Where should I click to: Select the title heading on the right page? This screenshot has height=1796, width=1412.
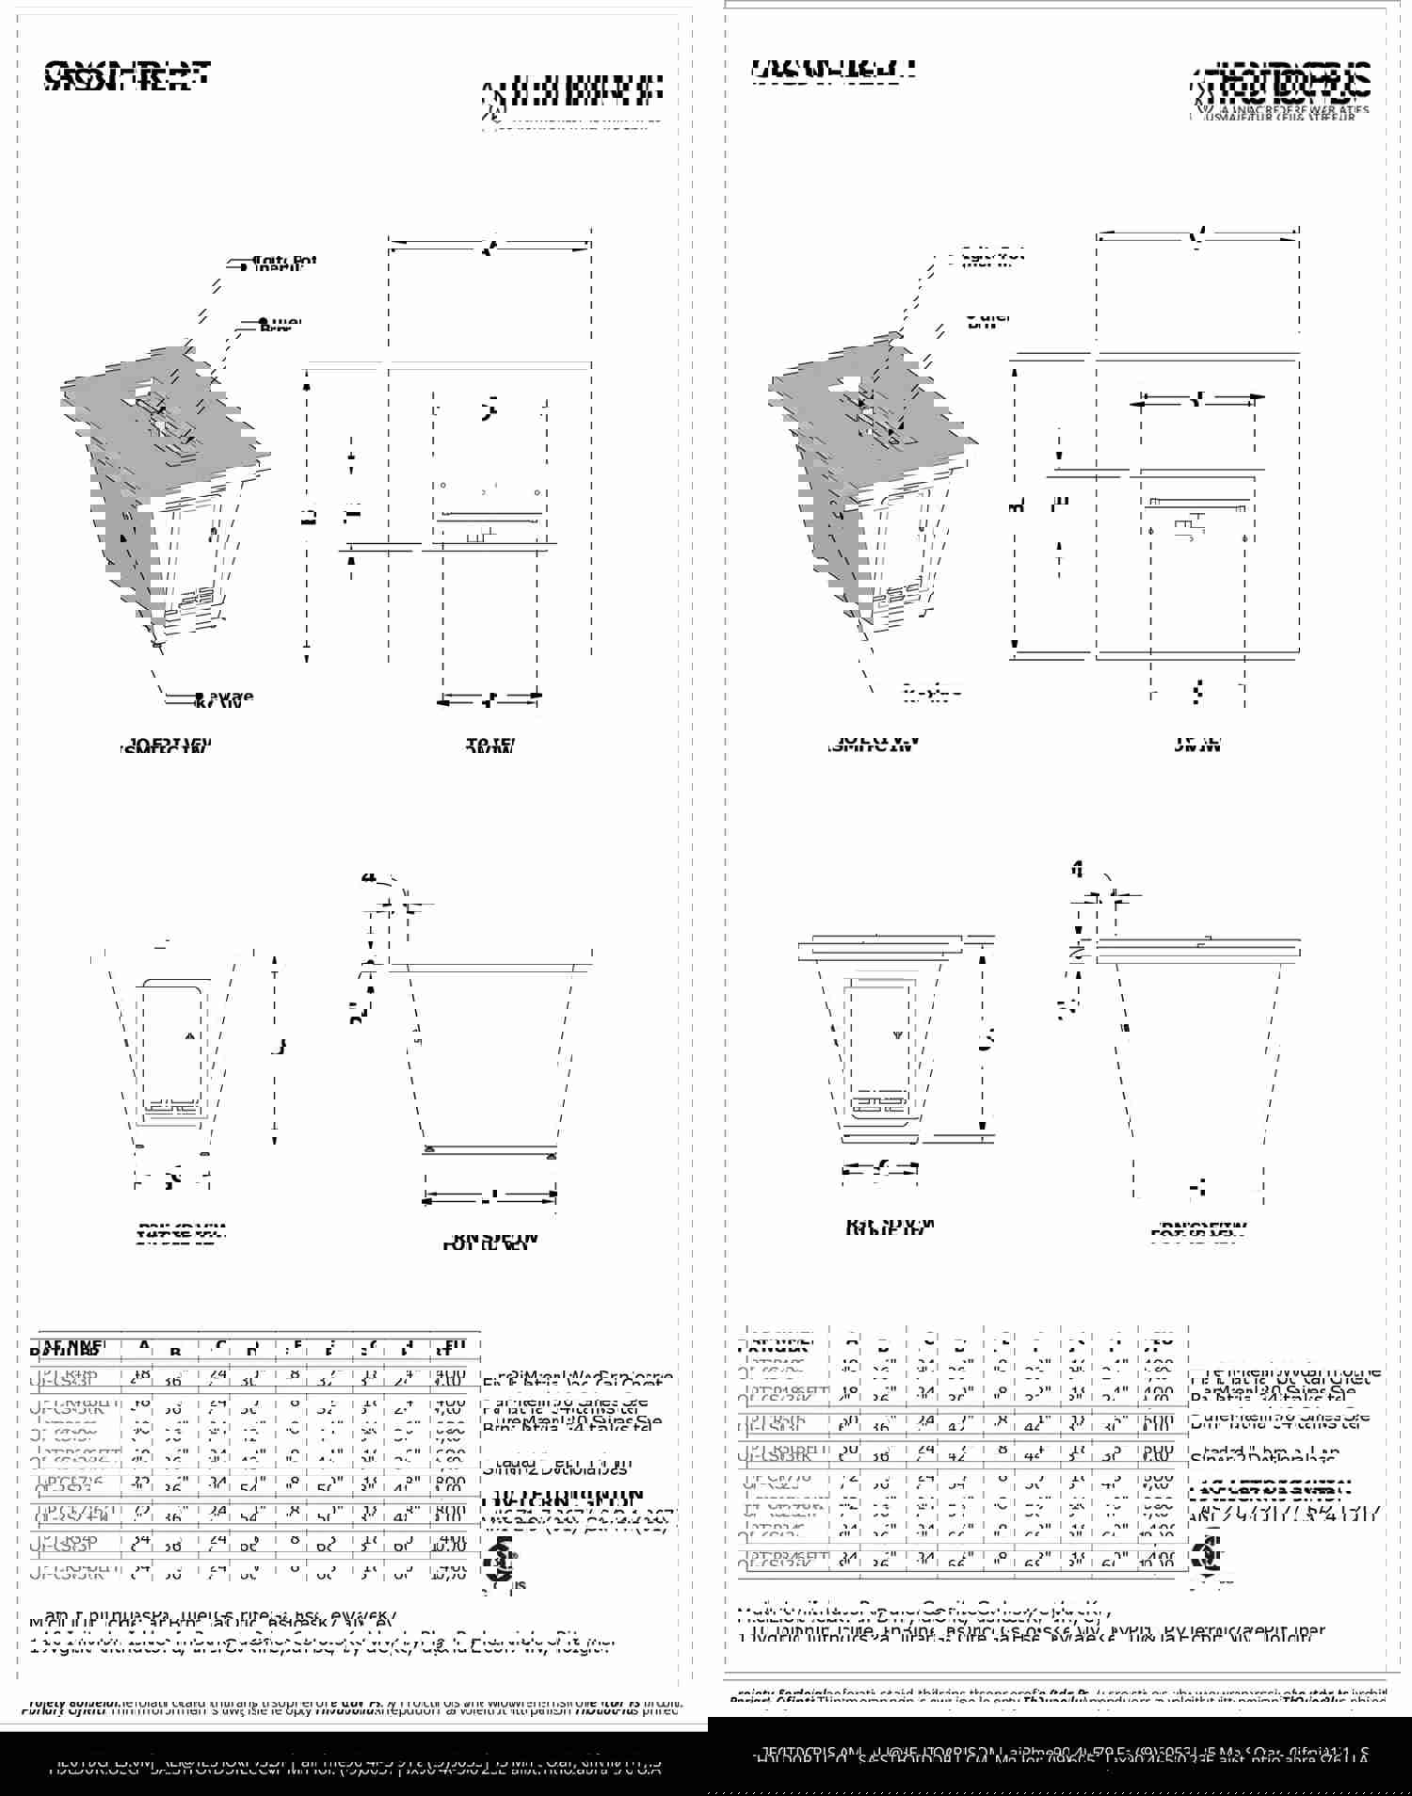tap(834, 71)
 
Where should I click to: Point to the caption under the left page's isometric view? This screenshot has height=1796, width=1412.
tap(168, 746)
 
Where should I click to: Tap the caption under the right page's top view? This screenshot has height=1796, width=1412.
tap(1197, 745)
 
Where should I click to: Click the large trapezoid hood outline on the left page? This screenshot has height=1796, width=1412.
tap(489, 1054)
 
